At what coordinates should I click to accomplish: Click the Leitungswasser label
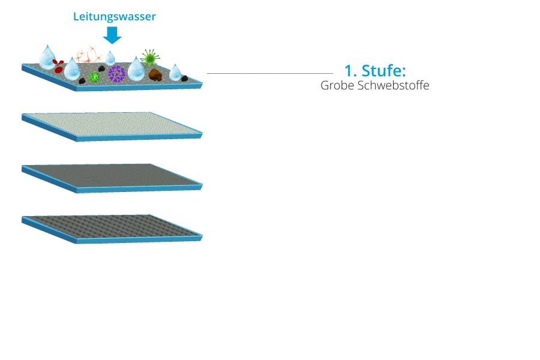115,17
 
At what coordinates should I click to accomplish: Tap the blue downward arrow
112,35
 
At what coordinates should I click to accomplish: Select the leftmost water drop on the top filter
47,57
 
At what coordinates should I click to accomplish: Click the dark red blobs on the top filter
58,66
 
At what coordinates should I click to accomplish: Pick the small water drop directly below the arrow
110,58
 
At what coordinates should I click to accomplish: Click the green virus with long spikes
150,58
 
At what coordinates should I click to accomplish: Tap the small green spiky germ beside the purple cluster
94,76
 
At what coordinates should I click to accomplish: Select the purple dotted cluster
117,73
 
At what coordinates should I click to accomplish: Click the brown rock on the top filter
155,74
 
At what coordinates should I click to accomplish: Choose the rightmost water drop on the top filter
175,73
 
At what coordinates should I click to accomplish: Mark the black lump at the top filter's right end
185,79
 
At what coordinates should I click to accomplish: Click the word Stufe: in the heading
383,71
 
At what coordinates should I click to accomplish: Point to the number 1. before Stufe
350,71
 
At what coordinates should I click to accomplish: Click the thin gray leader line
270,73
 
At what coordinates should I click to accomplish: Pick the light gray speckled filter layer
112,127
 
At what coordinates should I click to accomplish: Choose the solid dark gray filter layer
112,178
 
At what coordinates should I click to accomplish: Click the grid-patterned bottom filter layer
112,229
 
